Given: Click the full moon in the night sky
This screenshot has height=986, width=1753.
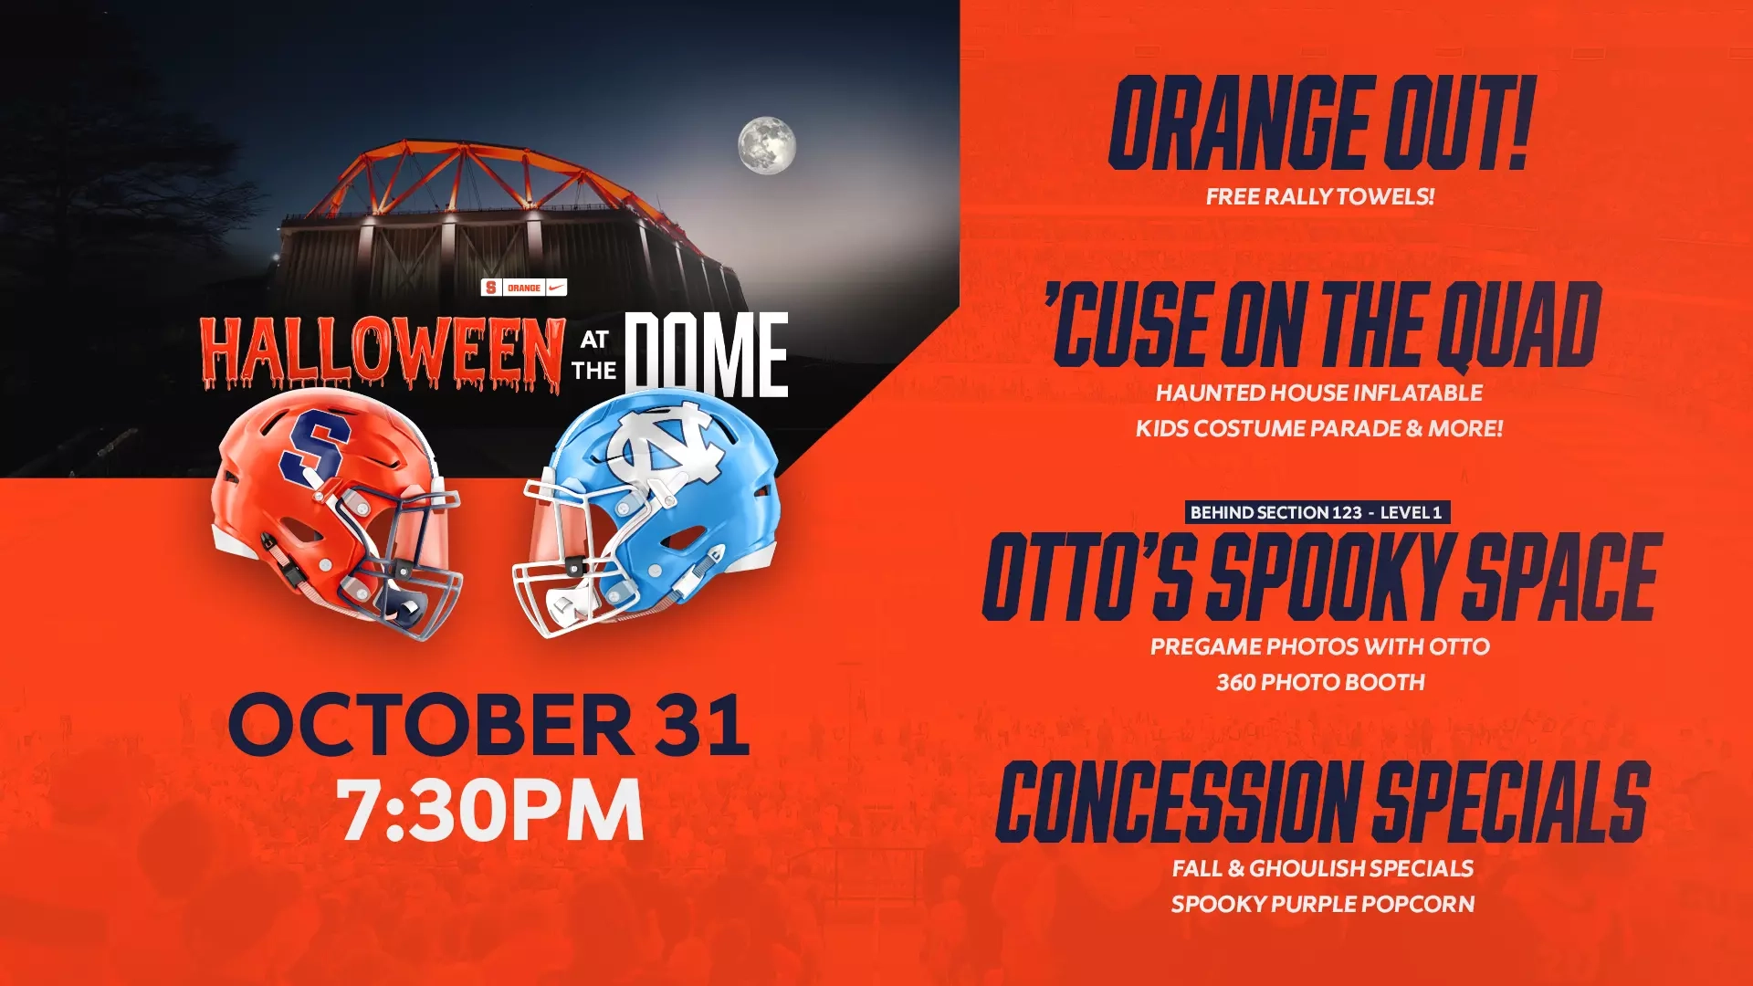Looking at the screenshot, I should (x=766, y=145).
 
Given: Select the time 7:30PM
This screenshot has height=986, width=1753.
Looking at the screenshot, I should (x=490, y=810).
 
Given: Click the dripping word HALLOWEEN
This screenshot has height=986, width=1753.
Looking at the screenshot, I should (x=382, y=352).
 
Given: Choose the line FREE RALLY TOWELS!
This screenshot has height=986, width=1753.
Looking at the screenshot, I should (x=1319, y=196).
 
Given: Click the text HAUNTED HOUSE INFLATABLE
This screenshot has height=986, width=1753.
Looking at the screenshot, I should (x=1319, y=393).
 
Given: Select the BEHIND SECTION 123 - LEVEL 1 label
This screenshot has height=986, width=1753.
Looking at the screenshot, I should (x=1316, y=512).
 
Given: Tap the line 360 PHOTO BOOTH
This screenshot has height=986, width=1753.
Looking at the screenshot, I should (x=1319, y=682).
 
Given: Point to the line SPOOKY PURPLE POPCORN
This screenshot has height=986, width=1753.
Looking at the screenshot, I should (x=1322, y=904).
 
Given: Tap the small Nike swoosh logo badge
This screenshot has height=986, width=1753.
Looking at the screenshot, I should (x=556, y=288).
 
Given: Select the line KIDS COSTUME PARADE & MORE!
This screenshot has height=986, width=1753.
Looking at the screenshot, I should (x=1319, y=428).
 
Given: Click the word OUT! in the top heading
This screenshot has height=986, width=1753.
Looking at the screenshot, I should (x=1457, y=123).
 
